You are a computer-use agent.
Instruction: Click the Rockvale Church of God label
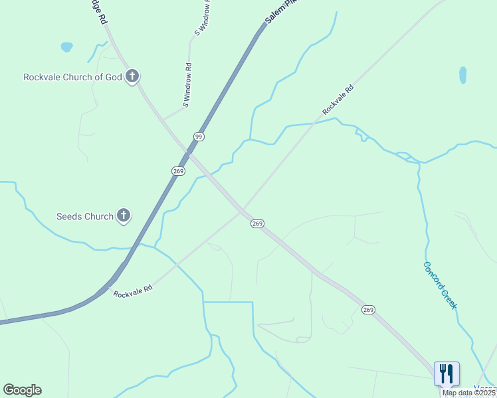click(72, 77)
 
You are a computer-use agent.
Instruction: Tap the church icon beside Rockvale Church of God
click(132, 76)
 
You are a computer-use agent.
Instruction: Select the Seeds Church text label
click(85, 216)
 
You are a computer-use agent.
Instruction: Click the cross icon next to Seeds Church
click(124, 216)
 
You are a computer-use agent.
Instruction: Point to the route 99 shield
click(198, 136)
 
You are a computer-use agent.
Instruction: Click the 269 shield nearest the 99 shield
click(178, 170)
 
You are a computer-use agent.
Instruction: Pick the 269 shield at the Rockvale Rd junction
click(258, 224)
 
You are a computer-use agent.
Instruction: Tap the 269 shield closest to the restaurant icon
click(369, 310)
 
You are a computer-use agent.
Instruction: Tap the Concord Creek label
click(441, 285)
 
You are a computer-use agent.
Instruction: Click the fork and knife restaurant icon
click(447, 373)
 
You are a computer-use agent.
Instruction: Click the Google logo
click(22, 390)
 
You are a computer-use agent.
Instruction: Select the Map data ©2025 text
click(468, 393)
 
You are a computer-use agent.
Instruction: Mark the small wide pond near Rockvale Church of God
click(66, 47)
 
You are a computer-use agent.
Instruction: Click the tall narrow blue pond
click(462, 75)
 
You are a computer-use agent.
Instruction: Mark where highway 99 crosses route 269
click(190, 153)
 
